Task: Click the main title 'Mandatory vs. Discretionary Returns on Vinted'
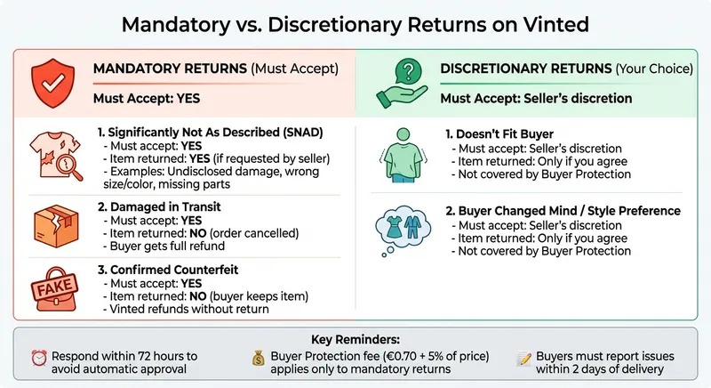tap(355, 23)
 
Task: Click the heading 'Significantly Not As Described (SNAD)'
tap(211, 133)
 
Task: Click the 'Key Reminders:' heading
tap(355, 340)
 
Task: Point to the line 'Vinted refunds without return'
tap(188, 308)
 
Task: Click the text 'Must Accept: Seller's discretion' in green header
tap(536, 98)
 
